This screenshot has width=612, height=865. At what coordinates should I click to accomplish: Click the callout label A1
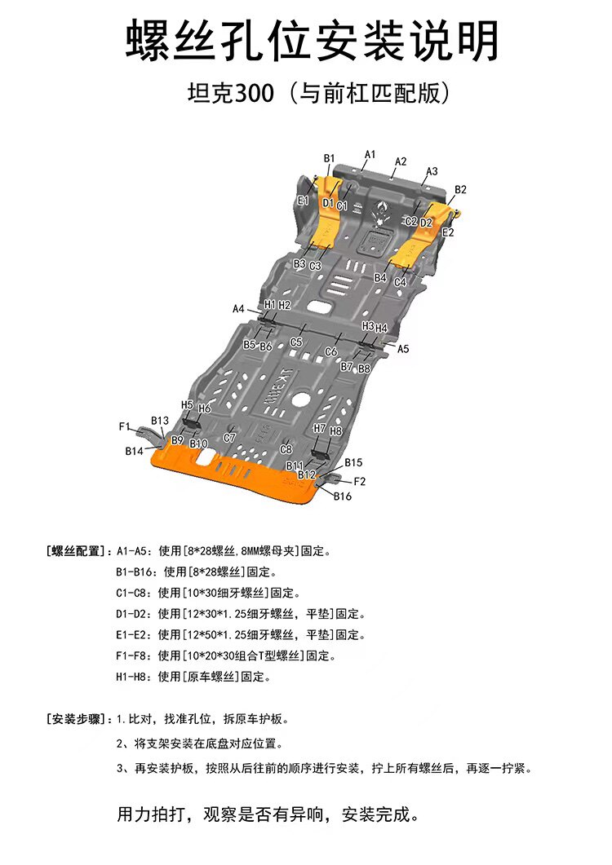[x=370, y=154]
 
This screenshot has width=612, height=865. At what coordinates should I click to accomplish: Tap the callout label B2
[x=460, y=190]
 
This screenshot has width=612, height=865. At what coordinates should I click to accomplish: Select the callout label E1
[x=303, y=200]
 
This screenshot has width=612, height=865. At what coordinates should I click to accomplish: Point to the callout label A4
[x=238, y=309]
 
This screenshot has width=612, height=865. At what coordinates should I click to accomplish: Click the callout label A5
[x=403, y=348]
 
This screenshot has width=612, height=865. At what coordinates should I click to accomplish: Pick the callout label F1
[x=125, y=426]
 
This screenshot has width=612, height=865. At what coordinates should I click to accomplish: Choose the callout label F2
[x=359, y=481]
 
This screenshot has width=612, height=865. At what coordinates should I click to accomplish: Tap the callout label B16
[x=342, y=496]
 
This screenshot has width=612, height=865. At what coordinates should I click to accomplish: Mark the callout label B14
[x=135, y=451]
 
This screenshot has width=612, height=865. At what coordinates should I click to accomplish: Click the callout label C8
[x=286, y=449]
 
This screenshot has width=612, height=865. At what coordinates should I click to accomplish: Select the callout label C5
[x=296, y=342]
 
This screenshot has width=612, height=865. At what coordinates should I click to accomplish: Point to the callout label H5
[x=187, y=404]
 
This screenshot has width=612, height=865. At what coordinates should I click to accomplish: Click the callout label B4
[x=380, y=278]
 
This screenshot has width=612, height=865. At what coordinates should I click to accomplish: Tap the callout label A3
[x=432, y=171]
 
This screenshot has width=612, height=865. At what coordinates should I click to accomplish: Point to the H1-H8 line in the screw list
[x=193, y=677]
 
